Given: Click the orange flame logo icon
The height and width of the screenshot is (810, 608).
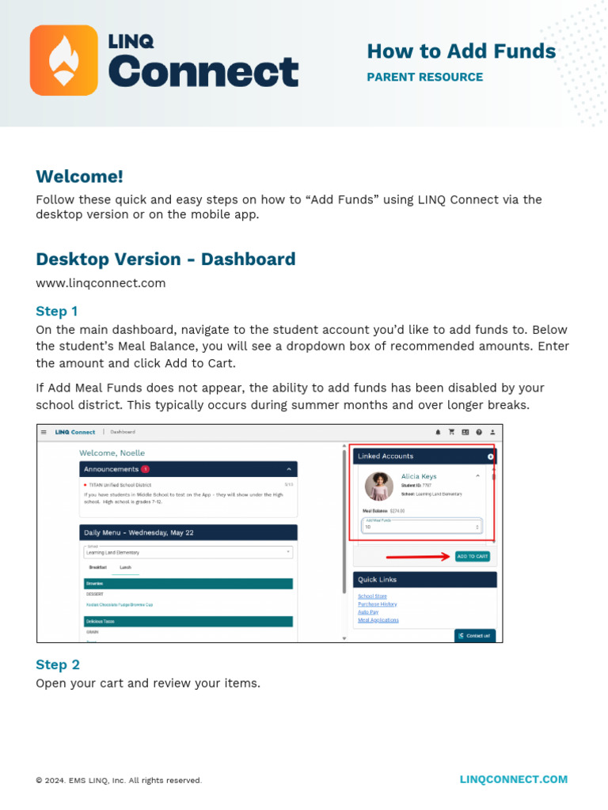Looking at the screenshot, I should tap(64, 60).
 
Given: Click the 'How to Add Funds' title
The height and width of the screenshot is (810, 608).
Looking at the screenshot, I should tap(461, 51).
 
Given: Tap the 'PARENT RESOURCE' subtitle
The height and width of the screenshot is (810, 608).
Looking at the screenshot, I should tap(424, 77).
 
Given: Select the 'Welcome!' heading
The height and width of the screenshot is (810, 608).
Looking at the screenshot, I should tap(79, 176).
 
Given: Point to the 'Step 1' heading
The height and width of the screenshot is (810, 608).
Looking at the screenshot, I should tap(57, 311).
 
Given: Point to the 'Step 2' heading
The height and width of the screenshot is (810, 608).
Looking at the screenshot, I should tap(58, 664).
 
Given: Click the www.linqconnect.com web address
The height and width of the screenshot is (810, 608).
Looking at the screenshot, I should tap(101, 282).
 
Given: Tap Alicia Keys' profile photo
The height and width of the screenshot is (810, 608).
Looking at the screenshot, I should tap(379, 486).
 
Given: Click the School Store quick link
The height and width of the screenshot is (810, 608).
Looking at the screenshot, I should tap(372, 596).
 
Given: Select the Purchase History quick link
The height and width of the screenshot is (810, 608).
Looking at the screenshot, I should tap(378, 604).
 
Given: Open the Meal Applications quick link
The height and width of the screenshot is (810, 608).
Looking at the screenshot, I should tap(378, 620).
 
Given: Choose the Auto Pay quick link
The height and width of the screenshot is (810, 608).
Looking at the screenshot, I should tap(368, 612).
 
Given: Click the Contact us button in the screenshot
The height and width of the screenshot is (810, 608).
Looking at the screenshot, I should tap(475, 635).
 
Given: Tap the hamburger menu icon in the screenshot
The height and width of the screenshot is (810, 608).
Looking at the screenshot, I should tap(44, 432).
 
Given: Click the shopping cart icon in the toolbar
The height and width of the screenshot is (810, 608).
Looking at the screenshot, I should tap(451, 432).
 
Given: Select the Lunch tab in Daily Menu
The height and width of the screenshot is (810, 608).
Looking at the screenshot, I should tap(125, 567).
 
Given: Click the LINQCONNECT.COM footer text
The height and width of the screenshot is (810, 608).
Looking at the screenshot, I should tap(514, 779).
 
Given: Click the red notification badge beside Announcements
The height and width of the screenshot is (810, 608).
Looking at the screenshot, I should tap(145, 469).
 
